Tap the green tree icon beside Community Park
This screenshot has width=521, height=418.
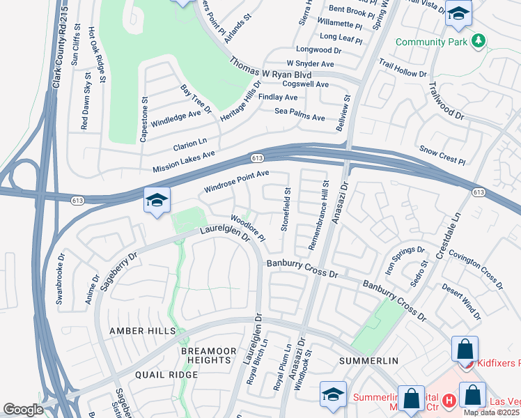(478, 42)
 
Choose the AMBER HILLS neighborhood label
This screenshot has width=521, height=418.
(143, 331)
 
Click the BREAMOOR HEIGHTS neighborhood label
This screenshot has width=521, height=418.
(205, 355)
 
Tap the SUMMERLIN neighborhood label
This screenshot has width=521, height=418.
(368, 361)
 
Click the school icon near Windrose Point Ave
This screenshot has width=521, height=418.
(157, 201)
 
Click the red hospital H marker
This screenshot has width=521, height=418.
(449, 401)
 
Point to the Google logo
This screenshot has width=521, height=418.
(23, 410)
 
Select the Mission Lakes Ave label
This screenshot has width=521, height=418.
(184, 162)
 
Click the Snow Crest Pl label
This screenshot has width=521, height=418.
(442, 155)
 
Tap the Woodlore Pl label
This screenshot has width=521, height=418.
(248, 228)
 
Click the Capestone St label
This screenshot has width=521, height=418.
(144, 119)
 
